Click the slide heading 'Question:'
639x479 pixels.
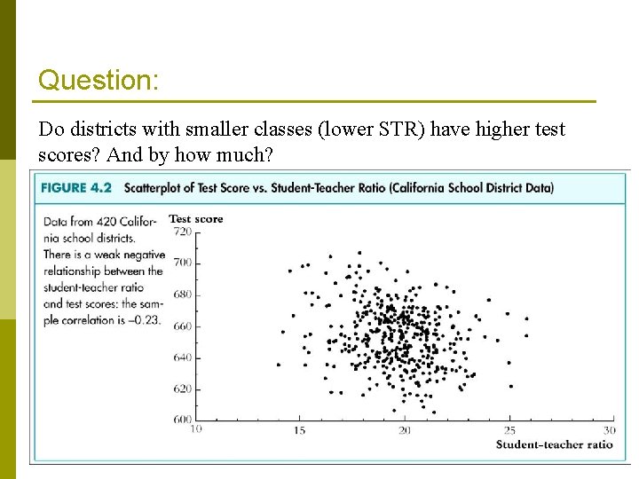tap(99, 80)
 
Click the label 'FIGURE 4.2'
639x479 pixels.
tap(75, 188)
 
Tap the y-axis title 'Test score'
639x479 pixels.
tap(196, 218)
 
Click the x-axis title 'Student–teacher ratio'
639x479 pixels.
tap(554, 444)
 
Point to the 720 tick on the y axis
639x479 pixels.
tap(182, 232)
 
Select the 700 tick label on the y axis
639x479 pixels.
tap(182, 263)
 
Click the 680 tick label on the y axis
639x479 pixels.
tap(182, 294)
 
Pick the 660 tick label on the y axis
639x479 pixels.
tap(182, 326)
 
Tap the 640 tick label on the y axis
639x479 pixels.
tap(182, 357)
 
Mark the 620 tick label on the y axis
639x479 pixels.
tap(182, 389)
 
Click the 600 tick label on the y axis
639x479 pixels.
tap(182, 420)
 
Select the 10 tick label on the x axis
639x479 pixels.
tap(195, 428)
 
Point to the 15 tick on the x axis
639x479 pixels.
tap(300, 430)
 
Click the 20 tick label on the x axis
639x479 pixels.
tap(405, 430)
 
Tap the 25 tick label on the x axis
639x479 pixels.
tap(509, 430)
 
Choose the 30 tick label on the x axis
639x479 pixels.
tap(609, 430)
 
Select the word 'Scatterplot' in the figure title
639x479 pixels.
tap(154, 188)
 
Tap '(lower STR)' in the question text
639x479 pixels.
tap(385, 130)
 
